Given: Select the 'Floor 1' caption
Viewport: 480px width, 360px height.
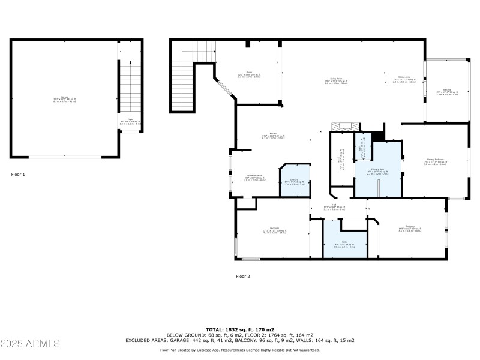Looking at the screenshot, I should [x=18, y=175].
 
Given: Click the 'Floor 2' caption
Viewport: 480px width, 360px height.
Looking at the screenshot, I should [x=242, y=276].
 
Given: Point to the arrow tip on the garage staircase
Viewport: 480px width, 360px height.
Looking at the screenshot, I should [x=131, y=62].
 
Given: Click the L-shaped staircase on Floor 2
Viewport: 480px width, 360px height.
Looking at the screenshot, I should [x=183, y=84].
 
